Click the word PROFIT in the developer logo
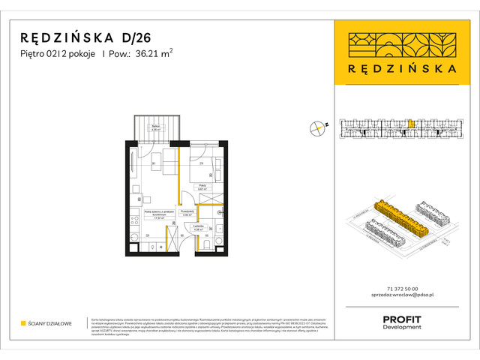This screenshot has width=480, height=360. click(402, 319)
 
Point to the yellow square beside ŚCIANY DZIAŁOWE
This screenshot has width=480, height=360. click(23, 323)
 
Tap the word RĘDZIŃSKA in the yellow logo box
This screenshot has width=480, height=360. click(401, 67)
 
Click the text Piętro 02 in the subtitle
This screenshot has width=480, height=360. click(40, 53)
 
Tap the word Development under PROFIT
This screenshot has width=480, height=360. click(402, 328)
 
